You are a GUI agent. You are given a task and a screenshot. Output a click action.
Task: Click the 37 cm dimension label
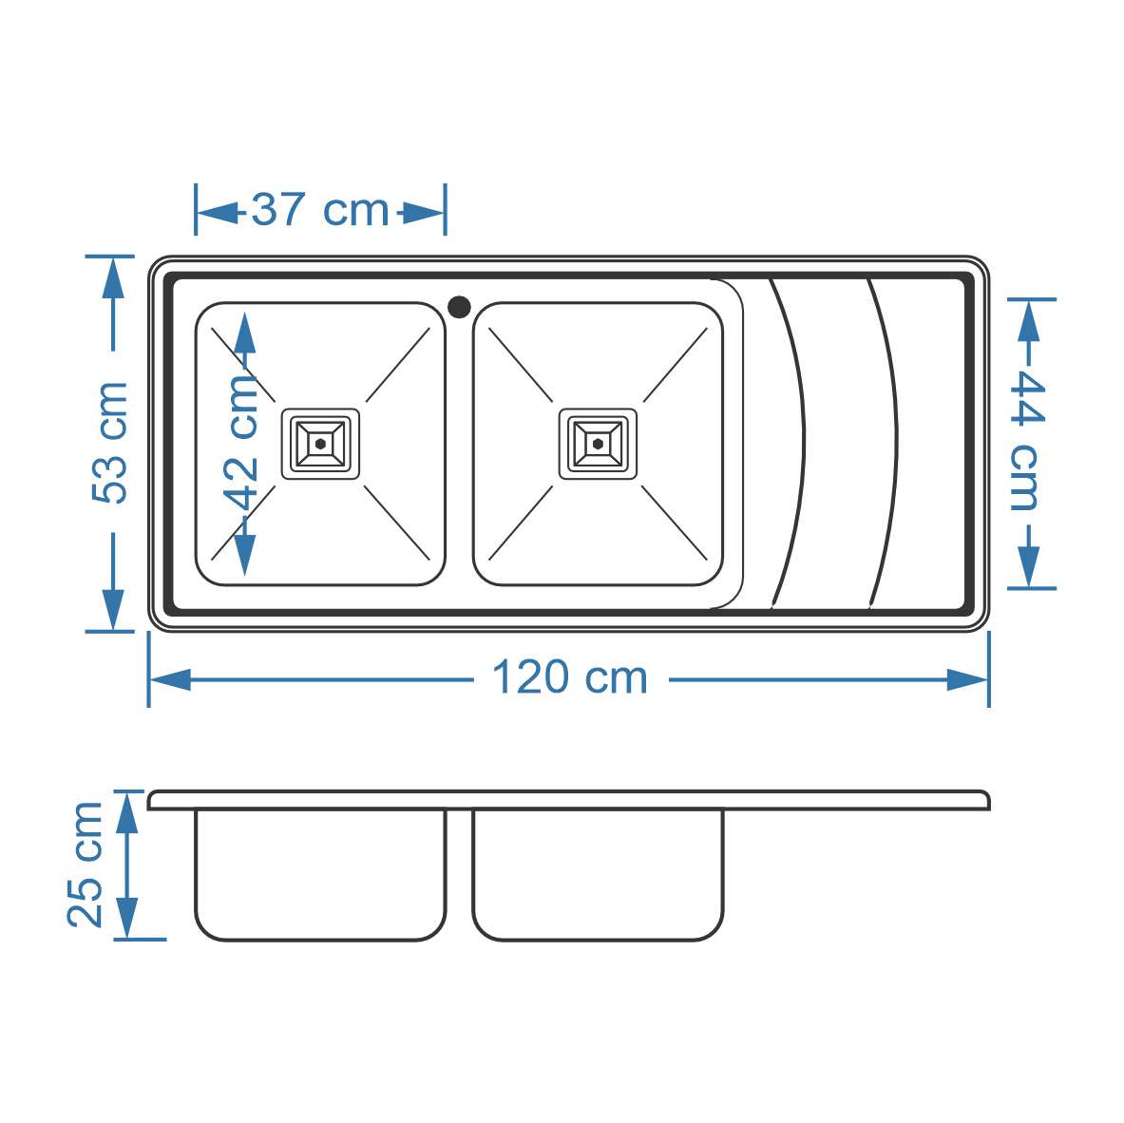coord(319,210)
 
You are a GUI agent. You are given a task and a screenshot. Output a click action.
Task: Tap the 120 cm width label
coord(570,677)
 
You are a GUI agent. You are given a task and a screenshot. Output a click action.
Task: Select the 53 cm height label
coord(109,442)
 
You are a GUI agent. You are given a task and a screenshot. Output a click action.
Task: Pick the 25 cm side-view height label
coord(86,865)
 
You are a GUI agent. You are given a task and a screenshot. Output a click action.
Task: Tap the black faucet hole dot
coord(459,307)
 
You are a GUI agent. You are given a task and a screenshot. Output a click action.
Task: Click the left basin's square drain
coord(320,444)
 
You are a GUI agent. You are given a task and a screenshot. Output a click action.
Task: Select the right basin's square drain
coord(598,444)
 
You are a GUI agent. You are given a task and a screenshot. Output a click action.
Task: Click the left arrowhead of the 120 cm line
coord(170,679)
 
